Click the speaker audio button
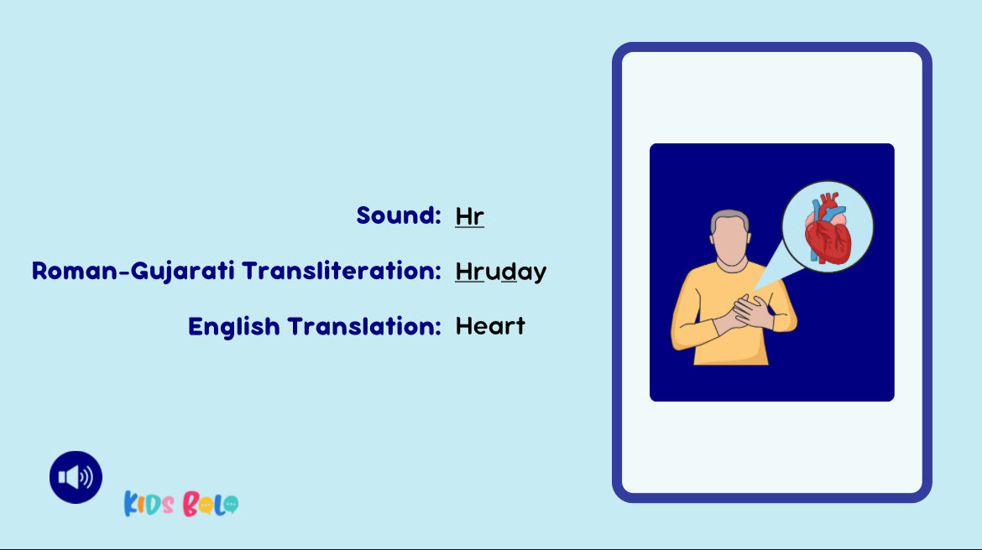click(76, 477)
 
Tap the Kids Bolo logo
click(181, 504)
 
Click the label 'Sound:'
click(399, 215)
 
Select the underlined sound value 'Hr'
click(470, 216)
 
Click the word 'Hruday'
click(501, 272)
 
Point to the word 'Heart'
click(490, 326)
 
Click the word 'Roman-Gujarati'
click(133, 271)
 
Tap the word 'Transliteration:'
click(342, 271)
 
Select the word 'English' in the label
click(233, 327)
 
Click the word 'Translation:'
click(364, 326)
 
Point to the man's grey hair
click(729, 220)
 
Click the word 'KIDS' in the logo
click(149, 504)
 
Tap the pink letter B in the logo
click(191, 504)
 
